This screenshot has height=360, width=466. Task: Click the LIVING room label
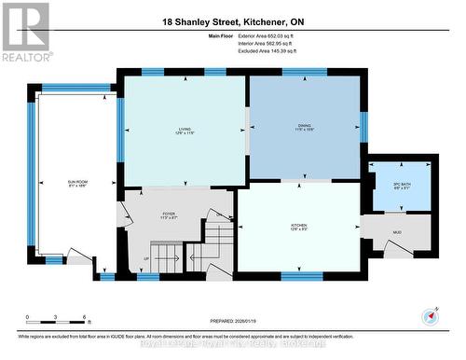[185, 130]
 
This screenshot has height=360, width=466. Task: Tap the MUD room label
[397, 230]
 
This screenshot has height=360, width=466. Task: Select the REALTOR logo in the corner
[25, 31]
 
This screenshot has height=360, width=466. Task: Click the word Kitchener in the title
[270, 21]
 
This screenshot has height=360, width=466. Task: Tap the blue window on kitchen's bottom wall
[302, 276]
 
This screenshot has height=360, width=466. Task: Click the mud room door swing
[391, 247]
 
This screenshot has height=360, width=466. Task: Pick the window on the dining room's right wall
[363, 125]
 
